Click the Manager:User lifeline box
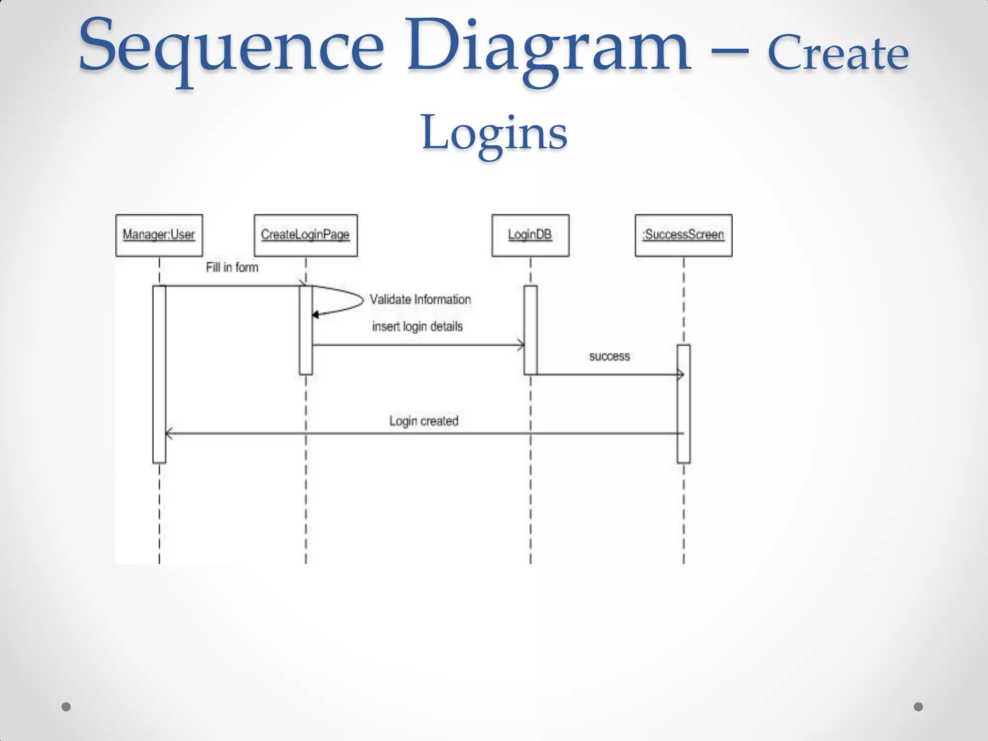pyautogui.click(x=159, y=235)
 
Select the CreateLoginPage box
pyautogui.click(x=305, y=235)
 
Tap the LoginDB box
pyautogui.click(x=530, y=235)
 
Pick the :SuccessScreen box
pyautogui.click(x=683, y=235)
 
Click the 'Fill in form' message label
pyautogui.click(x=232, y=267)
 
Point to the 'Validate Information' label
pyautogui.click(x=420, y=300)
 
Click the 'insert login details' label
pyautogui.click(x=417, y=327)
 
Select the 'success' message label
pyautogui.click(x=609, y=357)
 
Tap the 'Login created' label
pyautogui.click(x=424, y=421)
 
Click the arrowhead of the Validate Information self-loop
pyautogui.click(x=316, y=315)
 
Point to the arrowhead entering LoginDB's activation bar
pyautogui.click(x=521, y=345)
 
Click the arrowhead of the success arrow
pyautogui.click(x=680, y=374)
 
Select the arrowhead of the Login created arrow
pyautogui.click(x=169, y=434)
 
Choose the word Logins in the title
pyautogui.click(x=494, y=133)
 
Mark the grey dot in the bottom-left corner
pyautogui.click(x=66, y=707)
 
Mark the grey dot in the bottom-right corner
pyautogui.click(x=918, y=707)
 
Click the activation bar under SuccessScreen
pyautogui.click(x=683, y=405)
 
